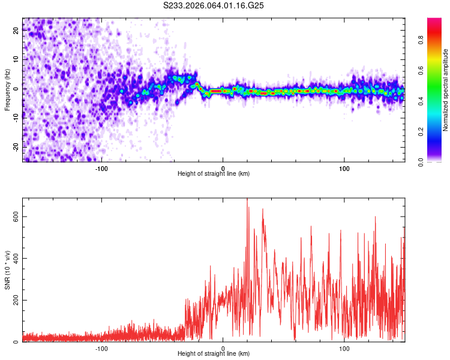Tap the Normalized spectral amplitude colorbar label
pos(446,90)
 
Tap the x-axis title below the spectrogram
pos(214,174)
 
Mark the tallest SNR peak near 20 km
pos(247,200)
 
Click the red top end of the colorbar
pos(434,20)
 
